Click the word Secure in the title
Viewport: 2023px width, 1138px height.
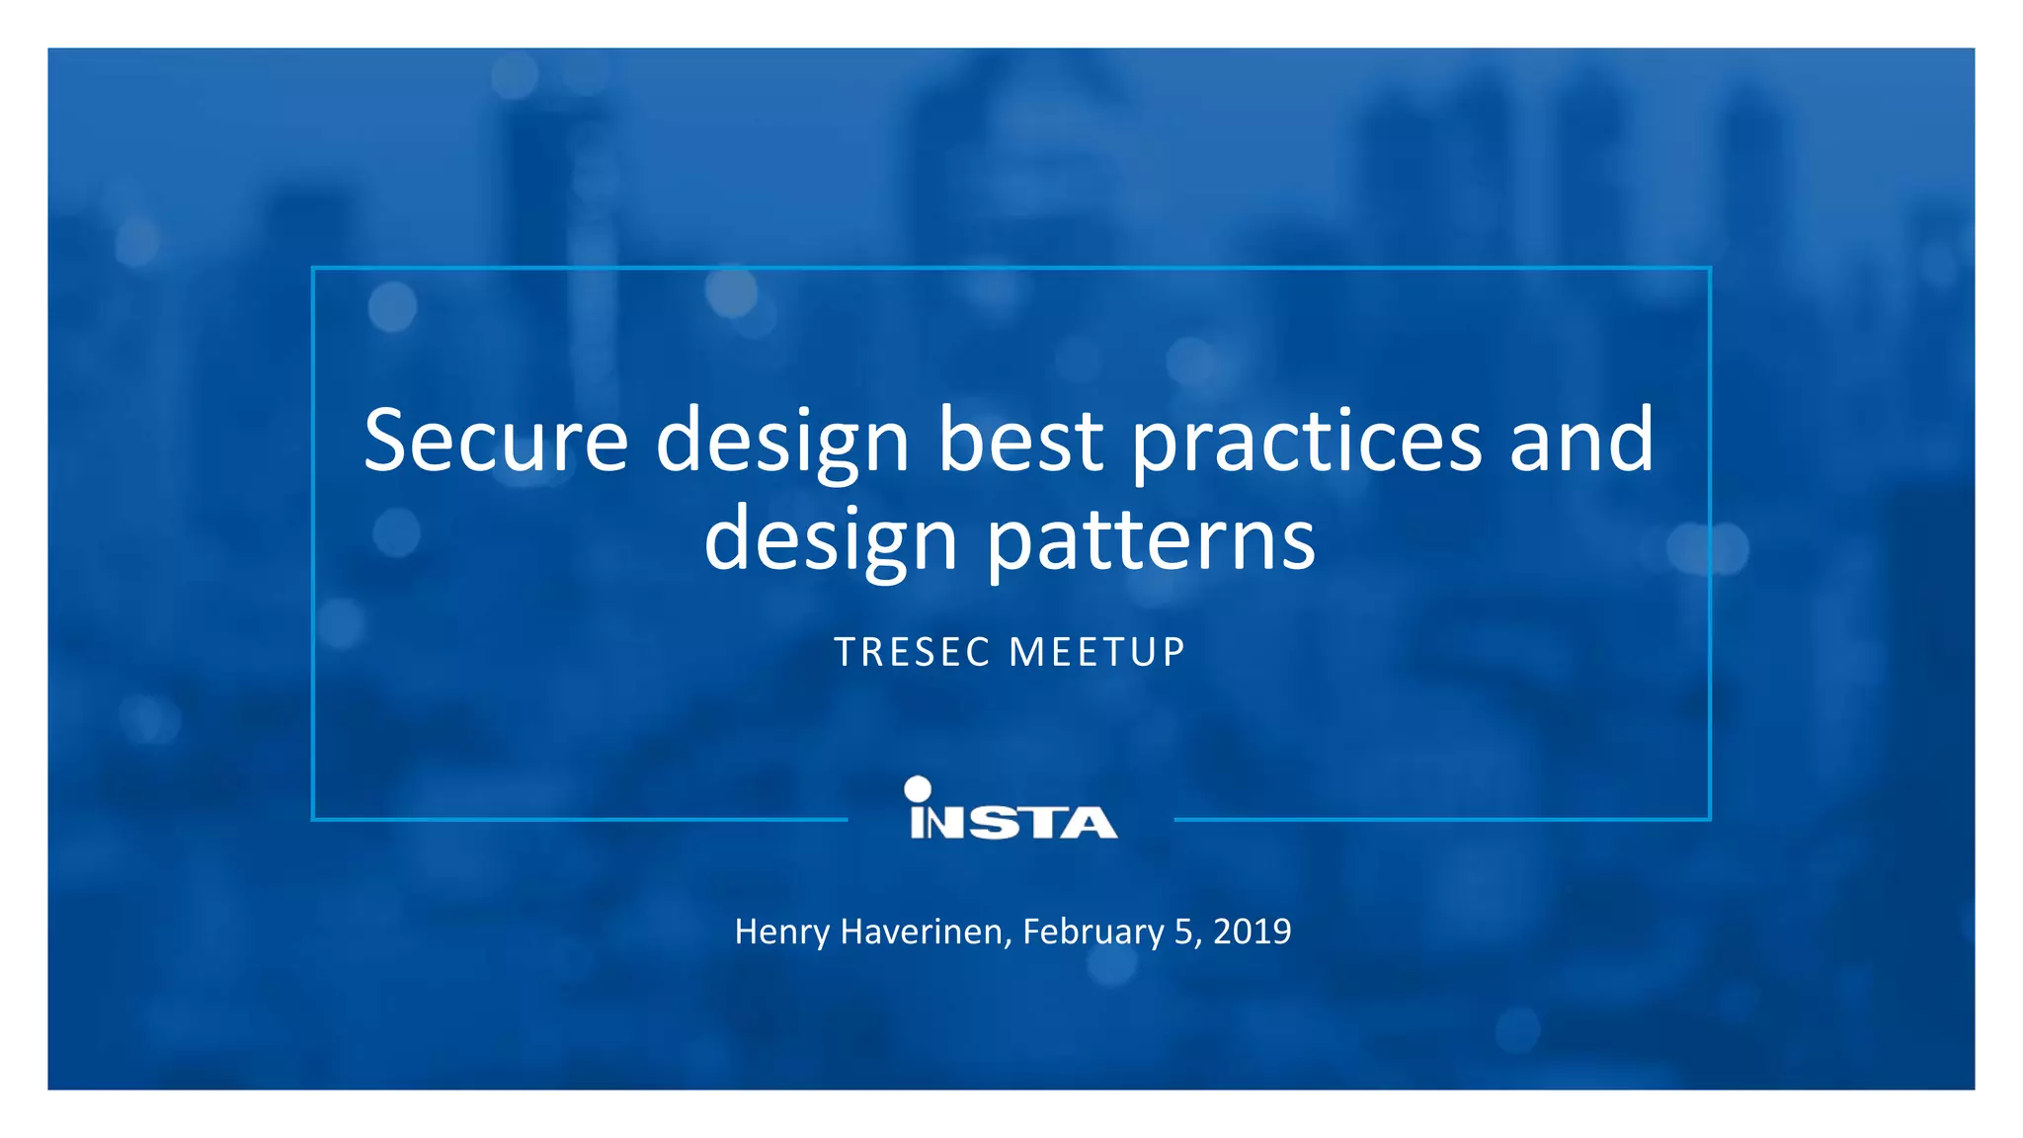(496, 440)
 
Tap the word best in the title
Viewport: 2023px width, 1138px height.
(1019, 440)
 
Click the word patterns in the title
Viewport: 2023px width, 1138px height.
(1151, 543)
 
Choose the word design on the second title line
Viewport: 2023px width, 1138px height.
(831, 543)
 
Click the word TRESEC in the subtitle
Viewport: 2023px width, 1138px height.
(913, 653)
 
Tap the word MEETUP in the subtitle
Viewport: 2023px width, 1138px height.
(1097, 653)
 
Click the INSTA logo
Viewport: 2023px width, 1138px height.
(1012, 820)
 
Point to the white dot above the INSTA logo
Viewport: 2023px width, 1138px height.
(918, 788)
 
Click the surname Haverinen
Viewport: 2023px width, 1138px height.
(925, 932)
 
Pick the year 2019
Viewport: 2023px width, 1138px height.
(1252, 932)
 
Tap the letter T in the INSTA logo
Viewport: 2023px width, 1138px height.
(1045, 823)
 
